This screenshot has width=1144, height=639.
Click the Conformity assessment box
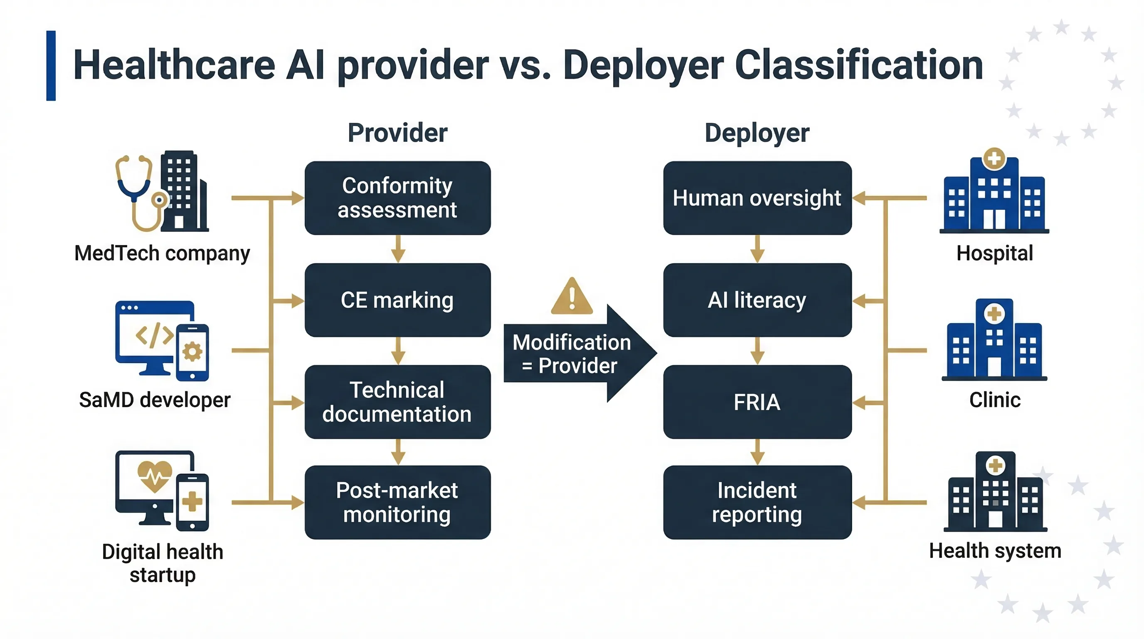(x=397, y=198)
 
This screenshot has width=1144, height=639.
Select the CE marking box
(x=397, y=300)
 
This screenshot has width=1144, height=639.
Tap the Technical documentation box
(x=397, y=402)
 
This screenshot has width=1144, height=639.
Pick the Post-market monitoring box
(x=397, y=502)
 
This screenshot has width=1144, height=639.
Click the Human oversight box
(x=757, y=198)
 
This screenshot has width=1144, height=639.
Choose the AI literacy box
(x=757, y=300)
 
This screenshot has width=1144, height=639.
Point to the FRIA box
(x=757, y=402)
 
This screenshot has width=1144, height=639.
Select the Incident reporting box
(x=757, y=502)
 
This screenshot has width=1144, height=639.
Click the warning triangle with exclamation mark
(x=572, y=297)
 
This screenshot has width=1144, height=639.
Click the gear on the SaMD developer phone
(x=192, y=352)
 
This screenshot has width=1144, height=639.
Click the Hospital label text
(x=994, y=253)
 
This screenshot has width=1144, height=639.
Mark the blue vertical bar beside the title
(x=51, y=65)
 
